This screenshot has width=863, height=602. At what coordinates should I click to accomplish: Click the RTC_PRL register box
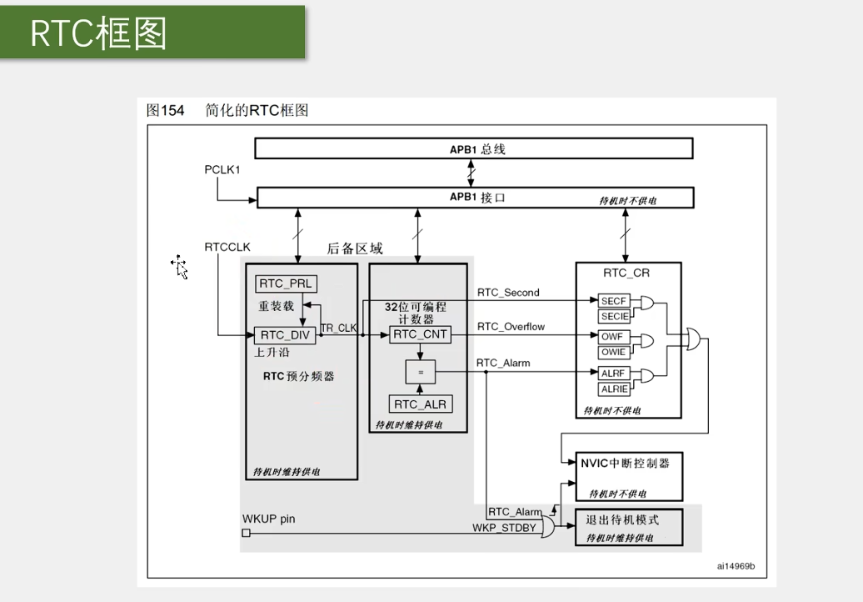[x=285, y=283]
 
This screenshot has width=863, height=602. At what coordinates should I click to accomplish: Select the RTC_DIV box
[x=285, y=335]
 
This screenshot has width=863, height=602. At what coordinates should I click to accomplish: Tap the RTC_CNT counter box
[x=421, y=334]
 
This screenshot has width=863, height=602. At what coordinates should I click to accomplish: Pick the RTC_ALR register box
[x=421, y=404]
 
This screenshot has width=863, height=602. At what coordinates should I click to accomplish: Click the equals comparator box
[x=421, y=372]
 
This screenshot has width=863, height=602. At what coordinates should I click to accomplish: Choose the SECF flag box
[x=614, y=301]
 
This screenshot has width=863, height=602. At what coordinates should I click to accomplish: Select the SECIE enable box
[x=614, y=317]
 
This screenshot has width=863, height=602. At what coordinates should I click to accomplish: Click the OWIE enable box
[x=614, y=353]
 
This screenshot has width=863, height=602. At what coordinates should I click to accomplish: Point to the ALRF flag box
[x=614, y=374]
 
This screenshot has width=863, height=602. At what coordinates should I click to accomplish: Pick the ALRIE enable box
[x=614, y=389]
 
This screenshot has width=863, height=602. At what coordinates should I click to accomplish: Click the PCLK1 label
[x=222, y=170]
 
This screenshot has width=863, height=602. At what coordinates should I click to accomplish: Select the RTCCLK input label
[x=227, y=247]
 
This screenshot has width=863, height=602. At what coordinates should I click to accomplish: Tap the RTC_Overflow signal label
[x=511, y=327]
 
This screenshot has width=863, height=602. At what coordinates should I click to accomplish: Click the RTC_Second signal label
[x=508, y=293]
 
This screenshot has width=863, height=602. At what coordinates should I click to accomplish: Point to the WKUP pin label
[x=268, y=519]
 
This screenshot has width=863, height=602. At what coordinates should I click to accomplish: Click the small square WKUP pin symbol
[x=246, y=532]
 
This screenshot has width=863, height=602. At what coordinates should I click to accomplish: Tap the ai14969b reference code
[x=736, y=565]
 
